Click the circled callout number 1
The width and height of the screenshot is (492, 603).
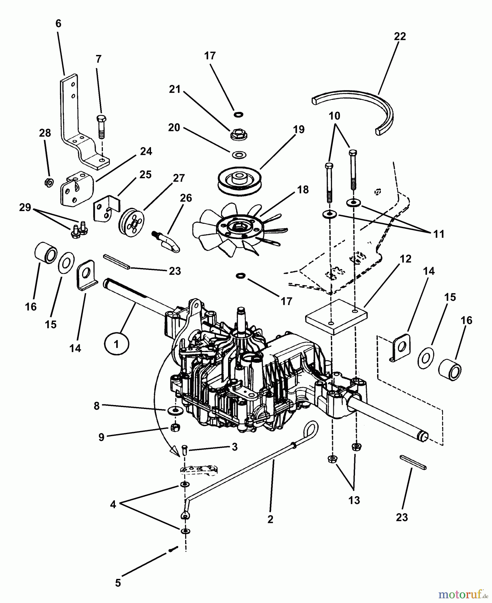pos(116,345)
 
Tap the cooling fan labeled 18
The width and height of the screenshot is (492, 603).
pos(240,230)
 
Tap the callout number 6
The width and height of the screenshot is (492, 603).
pos(59,23)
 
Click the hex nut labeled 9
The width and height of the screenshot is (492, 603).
pos(174,427)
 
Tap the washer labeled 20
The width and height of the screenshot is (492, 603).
pos(238,155)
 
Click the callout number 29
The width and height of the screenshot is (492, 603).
pos(25,207)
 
